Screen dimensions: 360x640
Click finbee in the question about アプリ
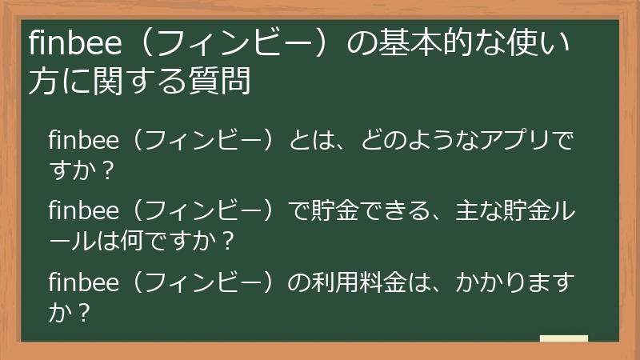[83, 141]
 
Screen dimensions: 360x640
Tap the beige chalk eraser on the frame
[563, 338]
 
